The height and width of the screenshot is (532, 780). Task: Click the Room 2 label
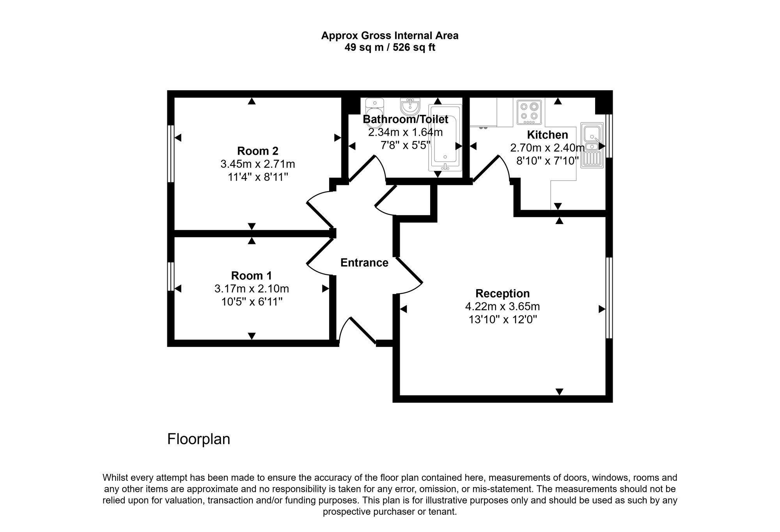(258, 151)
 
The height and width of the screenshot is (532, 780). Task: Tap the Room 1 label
(252, 276)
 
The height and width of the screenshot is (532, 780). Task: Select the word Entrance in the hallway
(364, 263)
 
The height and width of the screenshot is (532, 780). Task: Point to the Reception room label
(502, 294)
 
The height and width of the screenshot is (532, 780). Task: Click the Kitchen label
(548, 135)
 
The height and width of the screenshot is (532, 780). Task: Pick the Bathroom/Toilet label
(406, 119)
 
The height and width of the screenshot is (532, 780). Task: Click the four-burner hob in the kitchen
(529, 112)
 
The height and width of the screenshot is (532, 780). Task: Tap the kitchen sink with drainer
(592, 145)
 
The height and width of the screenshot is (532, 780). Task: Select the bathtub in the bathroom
(445, 137)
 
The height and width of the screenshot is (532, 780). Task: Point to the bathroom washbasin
(409, 104)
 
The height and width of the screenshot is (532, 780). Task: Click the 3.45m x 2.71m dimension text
(258, 164)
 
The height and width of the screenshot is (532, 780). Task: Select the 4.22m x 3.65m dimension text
(502, 306)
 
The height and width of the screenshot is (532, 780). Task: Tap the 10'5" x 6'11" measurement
(252, 302)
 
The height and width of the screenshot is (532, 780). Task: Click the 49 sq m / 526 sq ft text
(390, 48)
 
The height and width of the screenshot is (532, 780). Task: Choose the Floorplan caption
(199, 439)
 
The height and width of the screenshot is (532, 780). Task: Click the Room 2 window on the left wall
(171, 153)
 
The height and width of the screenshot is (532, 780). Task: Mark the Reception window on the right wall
(609, 297)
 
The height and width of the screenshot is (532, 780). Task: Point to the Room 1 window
(171, 276)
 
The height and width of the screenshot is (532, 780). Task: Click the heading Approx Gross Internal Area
(390, 36)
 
